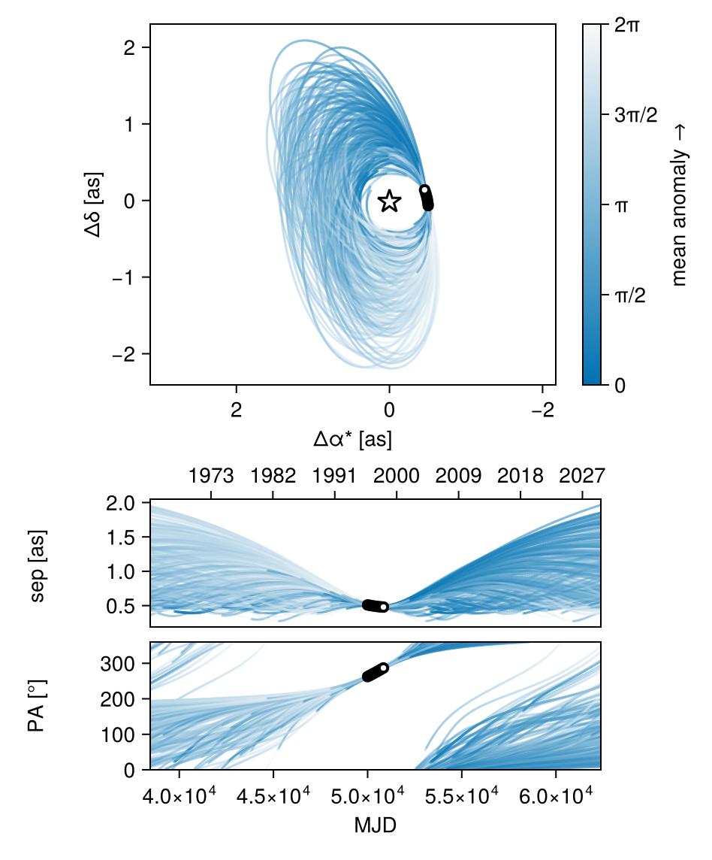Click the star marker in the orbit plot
[389, 201]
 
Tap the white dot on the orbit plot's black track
[424, 189]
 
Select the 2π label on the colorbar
[627, 25]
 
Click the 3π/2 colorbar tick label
[636, 115]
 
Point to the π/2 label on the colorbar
[630, 295]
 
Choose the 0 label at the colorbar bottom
[620, 386]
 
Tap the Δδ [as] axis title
[93, 204]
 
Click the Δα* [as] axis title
[352, 439]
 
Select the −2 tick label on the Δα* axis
[542, 410]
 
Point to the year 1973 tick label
[211, 476]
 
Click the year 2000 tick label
[397, 476]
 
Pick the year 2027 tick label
[582, 476]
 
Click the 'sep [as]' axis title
[38, 565]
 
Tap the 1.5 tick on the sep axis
[121, 537]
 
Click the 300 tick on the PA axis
[117, 665]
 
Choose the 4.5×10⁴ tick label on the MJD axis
[273, 796]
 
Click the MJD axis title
[375, 825]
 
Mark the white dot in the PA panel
[383, 668]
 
